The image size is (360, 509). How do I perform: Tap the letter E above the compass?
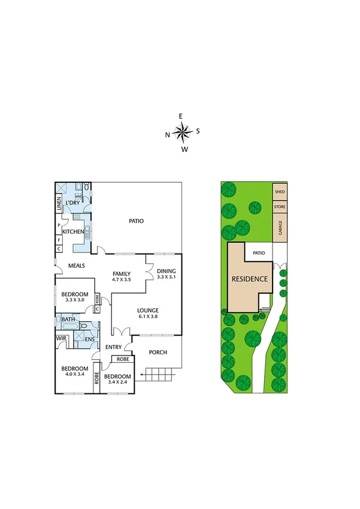tap(181, 116)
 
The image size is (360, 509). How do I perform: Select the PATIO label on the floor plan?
tap(136, 221)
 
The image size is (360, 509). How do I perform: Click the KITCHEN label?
tap(73, 231)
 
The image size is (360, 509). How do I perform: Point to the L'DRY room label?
tap(73, 203)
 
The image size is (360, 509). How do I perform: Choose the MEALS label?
tap(76, 266)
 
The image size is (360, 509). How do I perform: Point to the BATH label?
tap(68, 320)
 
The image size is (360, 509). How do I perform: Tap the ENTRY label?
tap(114, 347)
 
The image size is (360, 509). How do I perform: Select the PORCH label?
tap(158, 352)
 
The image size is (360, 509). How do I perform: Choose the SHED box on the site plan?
tap(280, 192)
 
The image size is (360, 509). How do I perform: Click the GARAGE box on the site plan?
tap(280, 228)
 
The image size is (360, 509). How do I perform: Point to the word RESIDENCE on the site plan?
tap(249, 279)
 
